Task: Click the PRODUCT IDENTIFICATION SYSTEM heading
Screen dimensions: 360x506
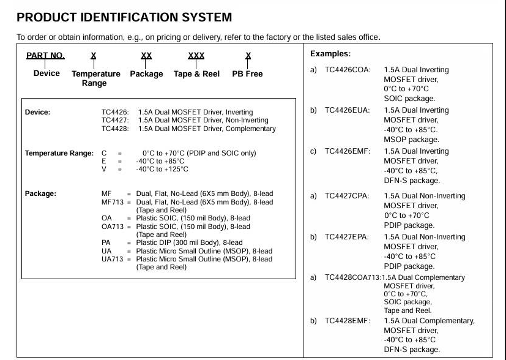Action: point(124,17)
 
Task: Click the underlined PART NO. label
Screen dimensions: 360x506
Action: point(45,56)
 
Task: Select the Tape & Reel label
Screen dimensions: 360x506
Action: point(196,74)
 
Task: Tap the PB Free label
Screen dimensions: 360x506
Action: point(247,74)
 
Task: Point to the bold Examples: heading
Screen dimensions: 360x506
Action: point(330,54)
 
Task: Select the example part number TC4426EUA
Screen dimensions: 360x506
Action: point(347,110)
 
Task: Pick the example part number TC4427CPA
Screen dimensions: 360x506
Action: point(347,196)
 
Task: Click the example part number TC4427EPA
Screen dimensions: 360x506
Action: point(347,237)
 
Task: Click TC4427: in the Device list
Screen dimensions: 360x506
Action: point(115,121)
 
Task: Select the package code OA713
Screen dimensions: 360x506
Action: point(113,227)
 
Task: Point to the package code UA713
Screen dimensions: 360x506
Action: point(113,259)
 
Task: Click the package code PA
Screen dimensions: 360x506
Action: point(106,242)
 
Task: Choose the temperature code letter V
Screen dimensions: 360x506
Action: point(104,169)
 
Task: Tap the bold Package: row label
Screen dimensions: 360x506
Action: point(40,193)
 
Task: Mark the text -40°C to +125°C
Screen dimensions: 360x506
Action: point(162,169)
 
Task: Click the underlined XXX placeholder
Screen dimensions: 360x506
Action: point(196,56)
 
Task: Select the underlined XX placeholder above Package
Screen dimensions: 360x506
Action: point(146,56)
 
